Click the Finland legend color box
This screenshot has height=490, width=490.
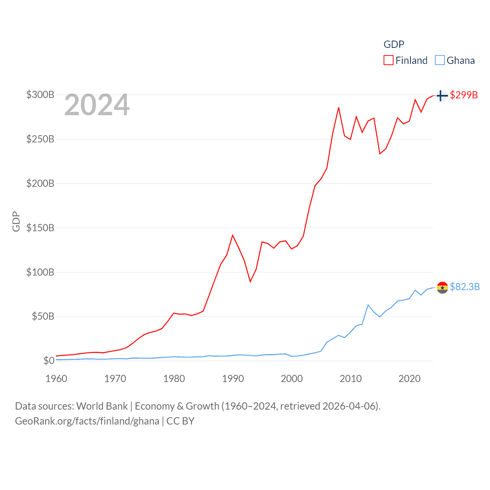click(x=389, y=60)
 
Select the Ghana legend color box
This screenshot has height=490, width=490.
click(x=440, y=60)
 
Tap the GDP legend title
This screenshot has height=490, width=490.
click(x=394, y=44)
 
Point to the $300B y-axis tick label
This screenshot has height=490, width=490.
click(x=40, y=95)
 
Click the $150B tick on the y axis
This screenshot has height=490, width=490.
click(x=40, y=228)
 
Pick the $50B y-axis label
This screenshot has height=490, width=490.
click(x=43, y=316)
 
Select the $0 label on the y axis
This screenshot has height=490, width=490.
click(x=49, y=361)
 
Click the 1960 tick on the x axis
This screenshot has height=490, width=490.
click(x=56, y=379)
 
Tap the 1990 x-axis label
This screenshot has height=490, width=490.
click(x=233, y=379)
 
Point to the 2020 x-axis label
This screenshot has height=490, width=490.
click(x=409, y=379)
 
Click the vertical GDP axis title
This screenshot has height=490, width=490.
click(x=16, y=221)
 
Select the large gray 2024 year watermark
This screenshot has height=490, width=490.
click(x=97, y=105)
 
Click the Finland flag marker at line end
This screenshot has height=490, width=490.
click(x=442, y=95)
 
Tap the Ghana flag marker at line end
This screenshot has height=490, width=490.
click(x=442, y=287)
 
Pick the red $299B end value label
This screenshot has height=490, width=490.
click(x=464, y=95)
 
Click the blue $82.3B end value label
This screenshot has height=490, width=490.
click(x=465, y=287)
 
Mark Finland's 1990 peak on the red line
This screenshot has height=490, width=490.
click(x=232, y=235)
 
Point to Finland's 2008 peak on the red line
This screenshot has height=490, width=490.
click(x=338, y=108)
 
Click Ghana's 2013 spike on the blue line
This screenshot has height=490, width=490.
click(x=368, y=305)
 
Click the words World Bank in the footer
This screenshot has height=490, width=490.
click(x=102, y=406)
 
